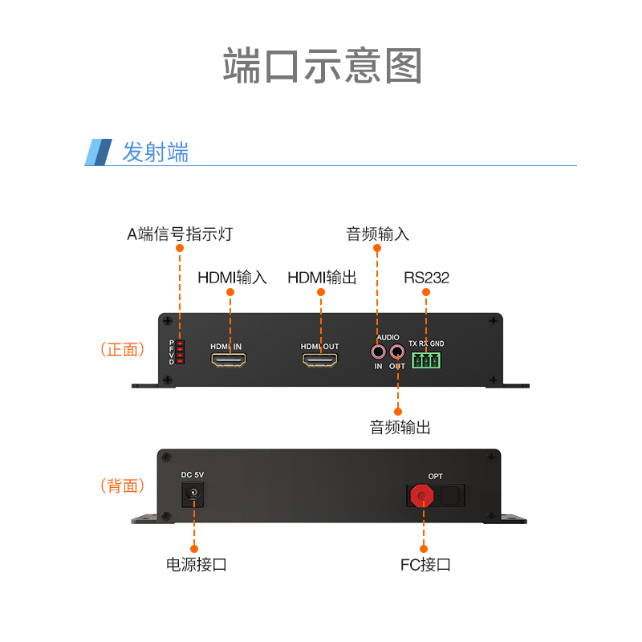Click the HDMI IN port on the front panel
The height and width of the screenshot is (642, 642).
point(229,360)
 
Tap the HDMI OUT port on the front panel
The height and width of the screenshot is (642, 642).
point(319,360)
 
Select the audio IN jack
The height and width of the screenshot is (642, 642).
point(378,351)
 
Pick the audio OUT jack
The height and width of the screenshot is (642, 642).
point(396,351)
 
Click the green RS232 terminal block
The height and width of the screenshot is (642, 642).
point(426,360)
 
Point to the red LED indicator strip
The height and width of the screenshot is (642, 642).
point(180,351)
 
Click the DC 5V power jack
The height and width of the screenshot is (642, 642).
point(193,494)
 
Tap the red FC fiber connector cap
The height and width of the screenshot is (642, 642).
point(422,496)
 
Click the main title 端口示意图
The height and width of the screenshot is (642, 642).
point(323,66)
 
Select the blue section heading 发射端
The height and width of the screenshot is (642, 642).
point(155,152)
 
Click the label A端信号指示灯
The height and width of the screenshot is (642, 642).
point(180,234)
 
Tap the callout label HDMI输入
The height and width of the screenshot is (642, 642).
point(232,278)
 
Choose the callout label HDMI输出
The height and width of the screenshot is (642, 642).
point(322,278)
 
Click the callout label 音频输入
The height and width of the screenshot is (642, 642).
point(377,234)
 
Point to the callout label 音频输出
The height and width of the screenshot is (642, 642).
point(400,427)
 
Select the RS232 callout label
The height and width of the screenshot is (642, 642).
point(426,278)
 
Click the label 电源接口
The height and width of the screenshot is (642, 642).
point(196,565)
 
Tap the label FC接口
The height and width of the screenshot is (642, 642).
point(425,565)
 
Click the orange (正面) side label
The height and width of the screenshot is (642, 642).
point(123,350)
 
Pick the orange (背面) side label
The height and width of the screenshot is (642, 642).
point(123,486)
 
